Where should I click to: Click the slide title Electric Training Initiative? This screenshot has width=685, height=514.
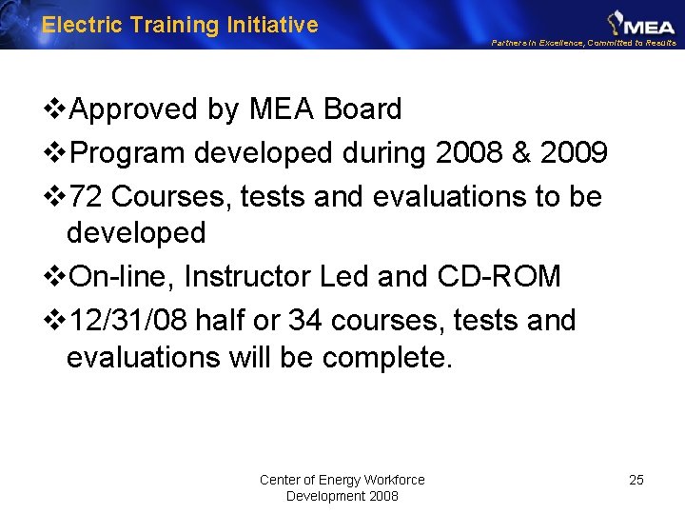coord(180,25)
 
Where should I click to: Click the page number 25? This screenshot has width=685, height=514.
coord(636,480)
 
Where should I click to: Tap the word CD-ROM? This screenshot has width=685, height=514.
coord(499,276)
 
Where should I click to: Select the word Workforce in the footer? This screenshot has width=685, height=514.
coord(395,480)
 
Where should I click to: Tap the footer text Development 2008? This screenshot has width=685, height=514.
coord(342,496)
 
